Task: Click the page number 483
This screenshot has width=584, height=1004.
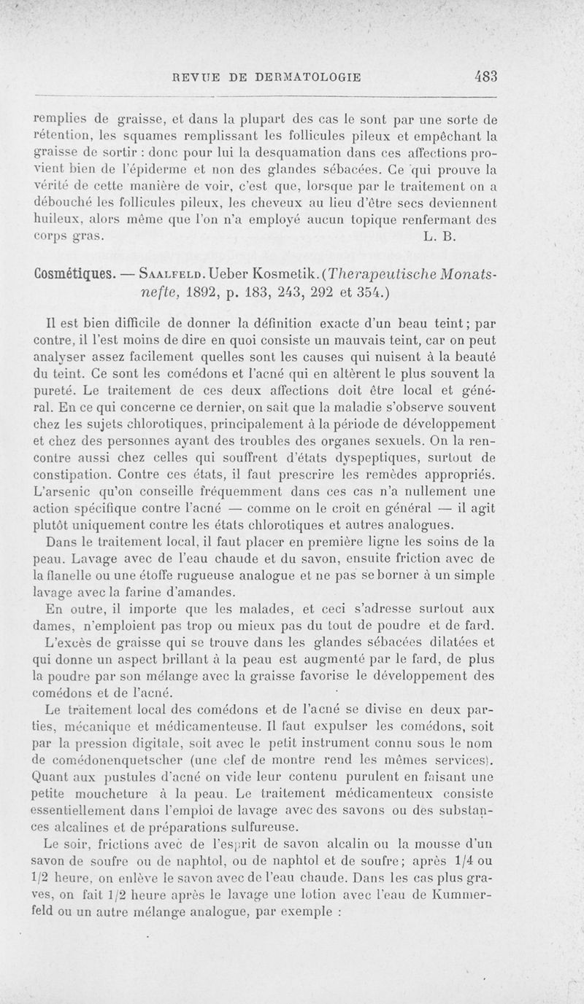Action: tap(485, 76)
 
